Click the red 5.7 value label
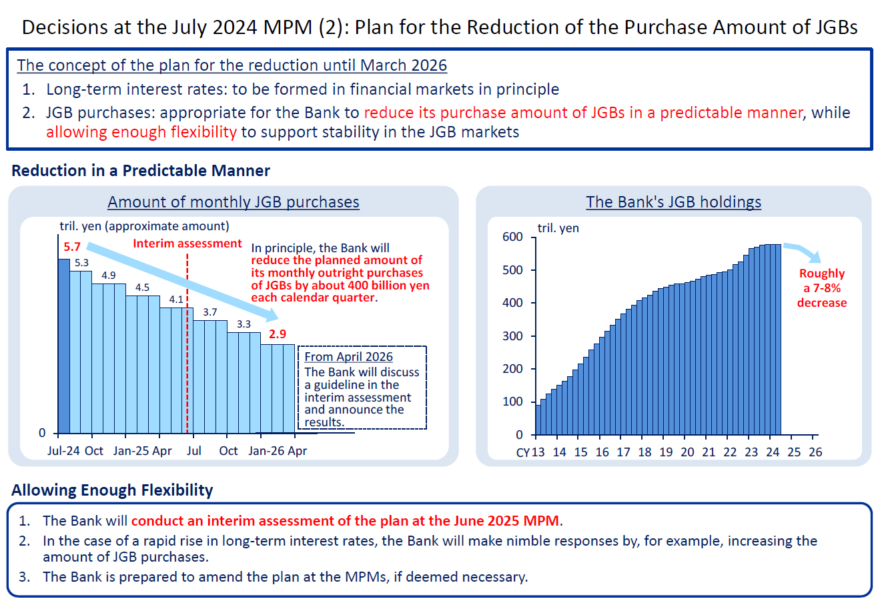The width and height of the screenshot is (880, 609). coord(72,247)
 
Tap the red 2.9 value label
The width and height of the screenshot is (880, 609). coord(278,334)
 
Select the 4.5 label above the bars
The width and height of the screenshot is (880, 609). coord(142,287)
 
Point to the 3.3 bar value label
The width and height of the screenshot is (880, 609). coord(244,324)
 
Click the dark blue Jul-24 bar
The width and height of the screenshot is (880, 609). coord(64,347)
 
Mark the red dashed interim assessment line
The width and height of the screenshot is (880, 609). coord(187,374)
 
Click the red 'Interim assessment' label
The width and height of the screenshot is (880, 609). coord(187,243)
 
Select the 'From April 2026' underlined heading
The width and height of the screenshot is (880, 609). coord(348,357)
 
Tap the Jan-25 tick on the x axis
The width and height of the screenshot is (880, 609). coord(131,451)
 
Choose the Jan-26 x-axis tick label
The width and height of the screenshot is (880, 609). coord(266,451)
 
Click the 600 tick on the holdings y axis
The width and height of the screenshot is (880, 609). coord(512,237)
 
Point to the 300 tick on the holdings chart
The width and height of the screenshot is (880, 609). coord(512,336)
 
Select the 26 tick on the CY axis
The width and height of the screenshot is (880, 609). coord(815,452)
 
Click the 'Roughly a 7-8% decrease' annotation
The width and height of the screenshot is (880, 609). coord(822,288)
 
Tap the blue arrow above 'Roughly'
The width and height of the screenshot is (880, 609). coord(804,252)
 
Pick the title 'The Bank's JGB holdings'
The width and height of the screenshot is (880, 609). coord(673,202)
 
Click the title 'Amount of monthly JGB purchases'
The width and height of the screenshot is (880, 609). coord(234,202)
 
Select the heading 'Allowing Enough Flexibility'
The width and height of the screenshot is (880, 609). coord(112,490)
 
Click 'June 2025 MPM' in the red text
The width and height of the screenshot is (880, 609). coord(506,521)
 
